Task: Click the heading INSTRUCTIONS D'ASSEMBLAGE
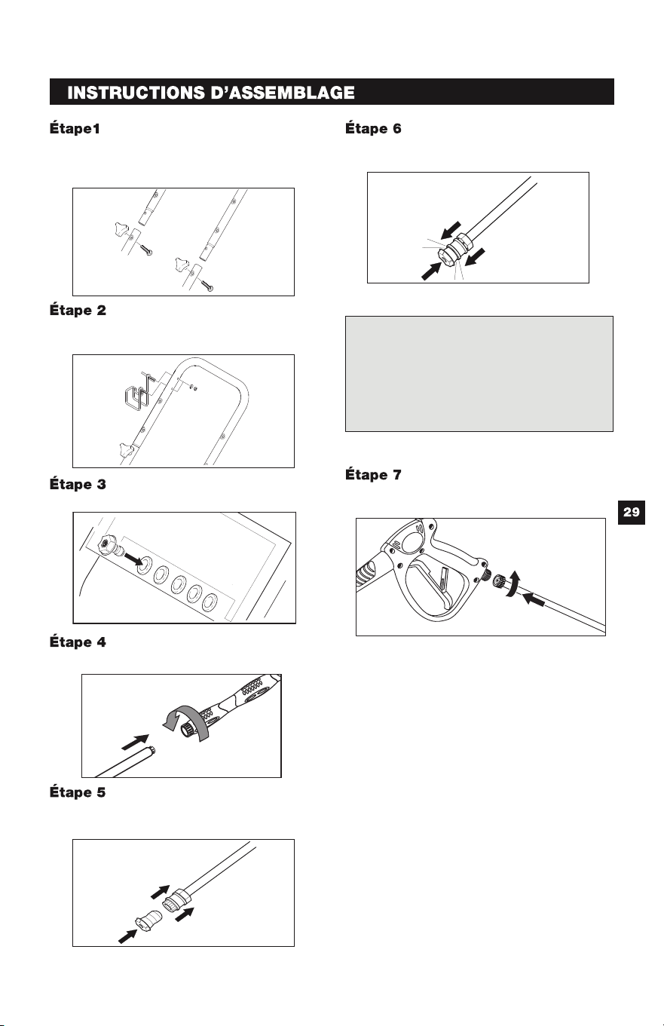210,93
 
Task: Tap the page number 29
632,512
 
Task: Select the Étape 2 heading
78,311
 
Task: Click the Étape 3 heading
78,485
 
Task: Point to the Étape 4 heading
78,642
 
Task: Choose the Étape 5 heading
78,792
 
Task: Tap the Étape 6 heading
373,129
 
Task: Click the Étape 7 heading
373,475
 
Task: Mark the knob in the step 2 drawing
125,448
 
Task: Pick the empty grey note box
479,374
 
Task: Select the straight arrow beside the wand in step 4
135,742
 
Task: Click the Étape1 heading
75,129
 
